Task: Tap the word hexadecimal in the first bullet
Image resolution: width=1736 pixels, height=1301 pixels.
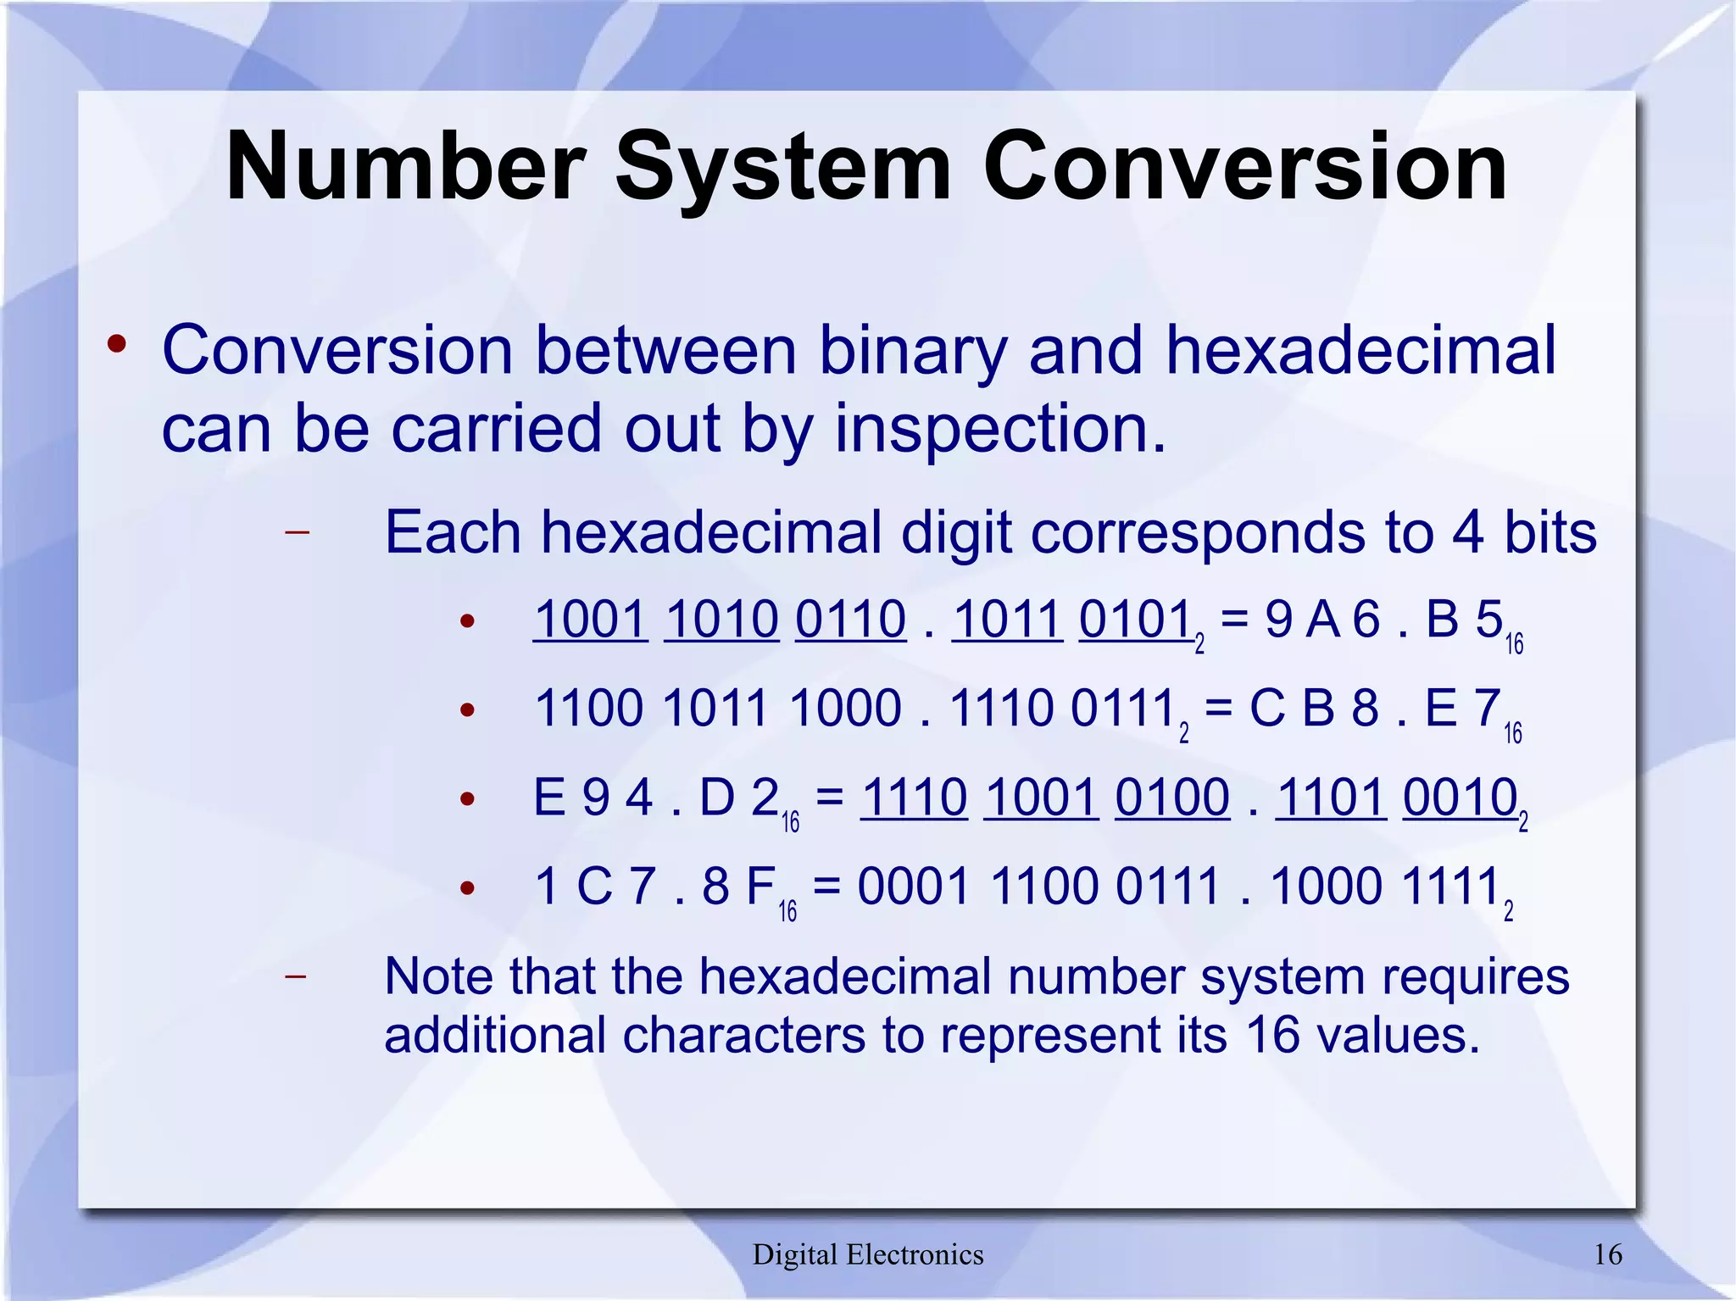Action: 1360,350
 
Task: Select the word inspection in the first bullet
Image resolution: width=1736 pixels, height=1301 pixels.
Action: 999,428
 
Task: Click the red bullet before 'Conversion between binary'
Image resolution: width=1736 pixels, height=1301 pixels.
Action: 117,345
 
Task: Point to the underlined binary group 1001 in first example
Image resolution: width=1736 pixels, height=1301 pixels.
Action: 591,620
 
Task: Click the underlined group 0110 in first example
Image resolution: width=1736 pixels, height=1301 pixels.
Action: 850,620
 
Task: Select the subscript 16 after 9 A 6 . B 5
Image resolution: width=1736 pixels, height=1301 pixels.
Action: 1514,644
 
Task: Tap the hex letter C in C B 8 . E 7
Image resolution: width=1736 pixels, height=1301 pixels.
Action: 1267,709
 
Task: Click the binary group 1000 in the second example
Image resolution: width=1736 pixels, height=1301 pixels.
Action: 845,709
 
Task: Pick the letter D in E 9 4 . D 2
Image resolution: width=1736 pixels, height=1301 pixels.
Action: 717,798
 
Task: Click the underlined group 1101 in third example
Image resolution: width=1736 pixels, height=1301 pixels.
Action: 1331,798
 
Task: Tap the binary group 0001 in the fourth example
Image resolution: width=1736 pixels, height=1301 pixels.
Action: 914,887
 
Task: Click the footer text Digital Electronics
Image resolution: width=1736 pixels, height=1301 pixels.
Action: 868,1254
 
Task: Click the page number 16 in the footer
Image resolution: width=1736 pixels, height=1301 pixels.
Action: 1608,1254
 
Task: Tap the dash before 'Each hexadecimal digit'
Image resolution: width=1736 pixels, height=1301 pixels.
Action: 297,533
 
